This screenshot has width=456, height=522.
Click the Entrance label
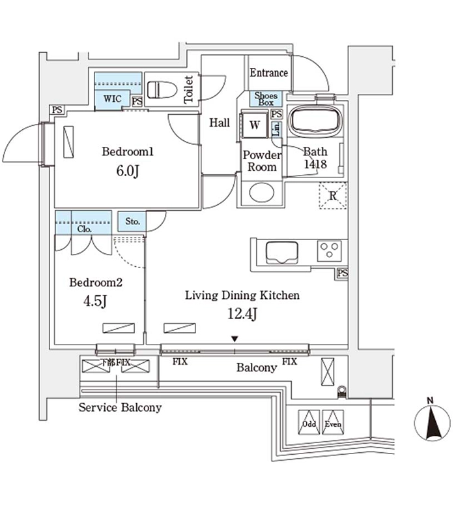click(268, 73)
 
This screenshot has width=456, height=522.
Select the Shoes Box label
click(266, 99)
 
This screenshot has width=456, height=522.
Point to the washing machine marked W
click(255, 125)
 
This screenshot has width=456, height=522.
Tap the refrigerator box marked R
click(332, 196)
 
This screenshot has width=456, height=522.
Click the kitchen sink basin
click(281, 251)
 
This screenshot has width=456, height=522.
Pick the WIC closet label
click(111, 99)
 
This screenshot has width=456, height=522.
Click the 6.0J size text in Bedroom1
click(127, 172)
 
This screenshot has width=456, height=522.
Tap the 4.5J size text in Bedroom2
click(96, 303)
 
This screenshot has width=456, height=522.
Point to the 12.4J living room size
click(242, 315)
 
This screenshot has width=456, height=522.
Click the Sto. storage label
click(132, 222)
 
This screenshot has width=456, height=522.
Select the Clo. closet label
click(84, 229)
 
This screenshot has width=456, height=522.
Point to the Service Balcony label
click(120, 408)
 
